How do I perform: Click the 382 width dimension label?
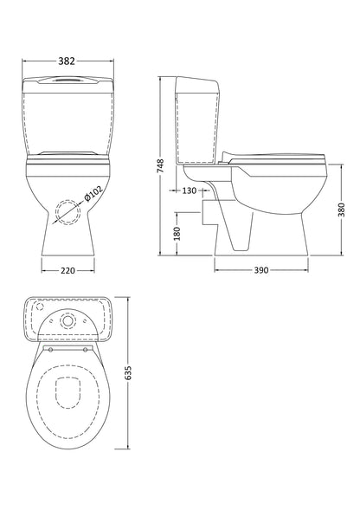pos(67,61)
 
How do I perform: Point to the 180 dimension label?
pos(177,232)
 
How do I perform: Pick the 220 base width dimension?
pos(67,271)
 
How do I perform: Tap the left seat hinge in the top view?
pos(50,351)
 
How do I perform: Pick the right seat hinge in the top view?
pos(83,351)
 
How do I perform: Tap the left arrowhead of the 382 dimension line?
pos(23,61)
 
